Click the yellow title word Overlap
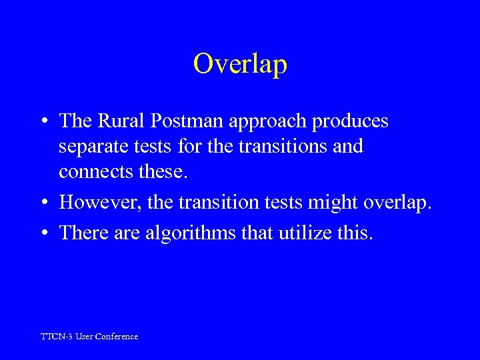(x=240, y=64)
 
